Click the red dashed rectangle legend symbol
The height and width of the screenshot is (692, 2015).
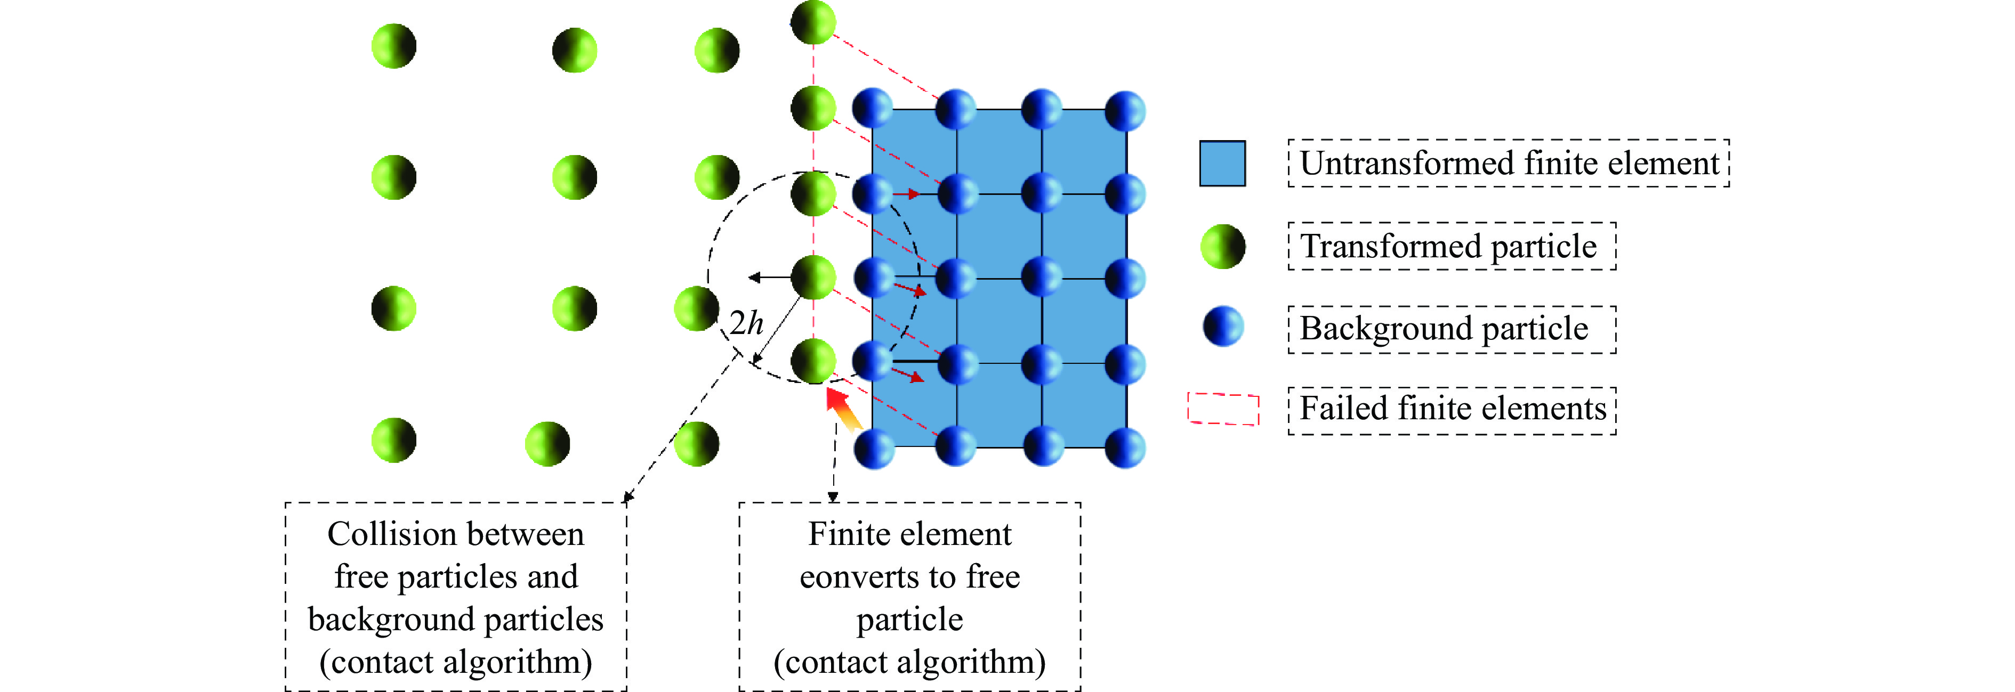[1223, 408]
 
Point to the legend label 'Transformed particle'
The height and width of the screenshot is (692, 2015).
[1448, 246]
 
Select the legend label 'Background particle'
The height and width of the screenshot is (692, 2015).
[1444, 328]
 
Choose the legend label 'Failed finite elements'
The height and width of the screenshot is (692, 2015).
[1453, 409]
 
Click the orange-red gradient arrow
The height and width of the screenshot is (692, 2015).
[844, 410]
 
